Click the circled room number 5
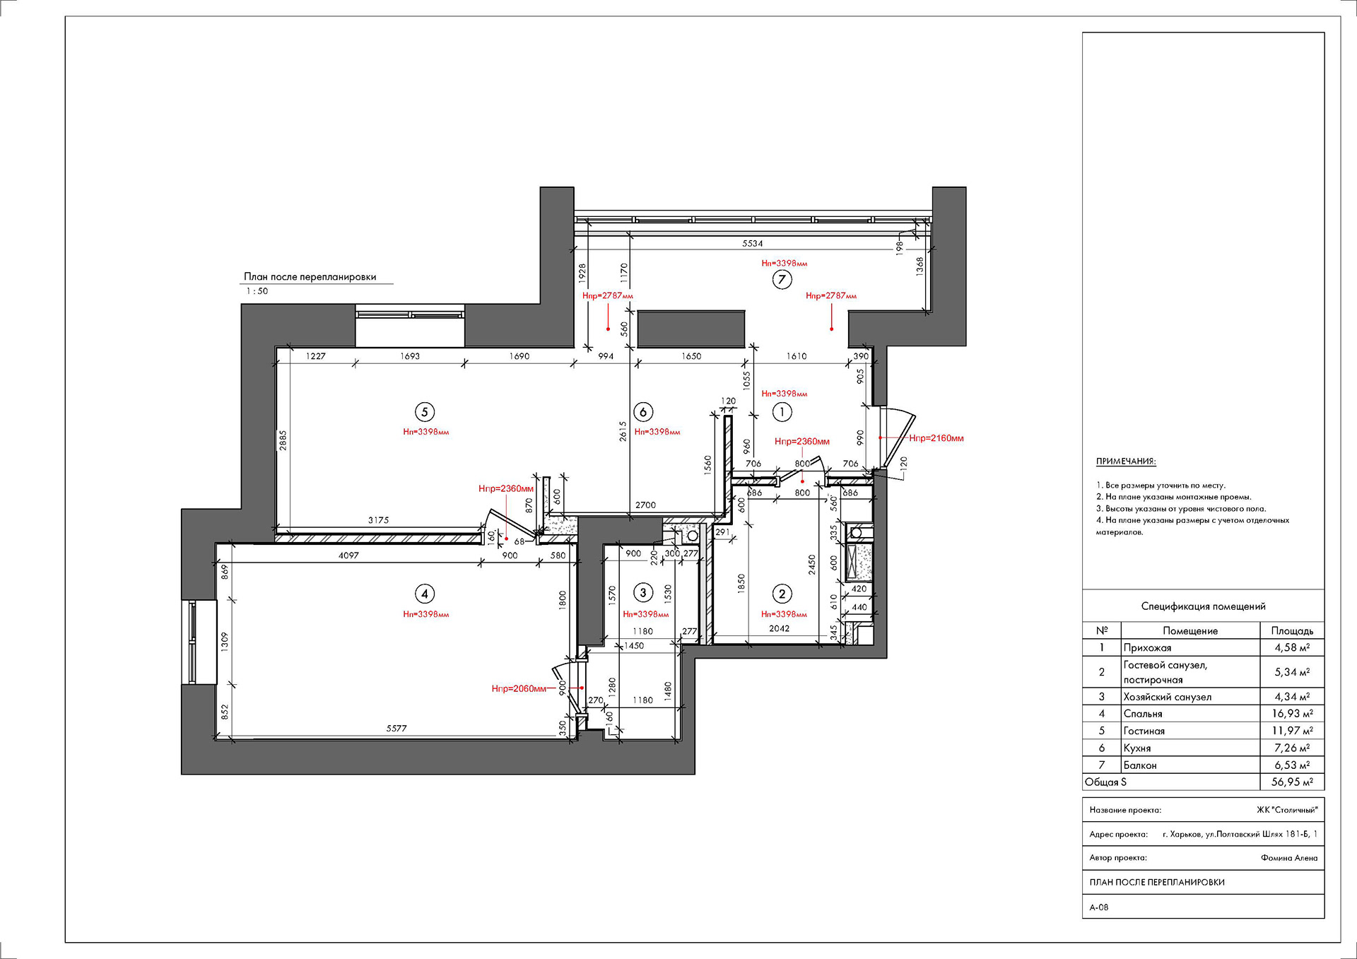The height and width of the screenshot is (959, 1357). pos(424,412)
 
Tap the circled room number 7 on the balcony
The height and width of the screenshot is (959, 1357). pos(782,279)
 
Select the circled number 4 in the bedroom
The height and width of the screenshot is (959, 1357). pos(424,594)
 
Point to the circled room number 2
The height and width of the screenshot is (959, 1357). pos(782,594)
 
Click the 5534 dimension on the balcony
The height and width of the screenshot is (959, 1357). pos(753,243)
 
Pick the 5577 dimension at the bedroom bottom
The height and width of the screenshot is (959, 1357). pos(396,728)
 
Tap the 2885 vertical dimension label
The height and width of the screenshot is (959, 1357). pos(283,441)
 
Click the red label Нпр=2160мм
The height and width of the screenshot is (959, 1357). pos(936,438)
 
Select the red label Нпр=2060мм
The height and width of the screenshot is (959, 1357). pos(519,688)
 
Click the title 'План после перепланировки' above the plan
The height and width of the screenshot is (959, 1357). pos(310,277)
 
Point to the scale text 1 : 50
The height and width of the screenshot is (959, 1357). pos(257,291)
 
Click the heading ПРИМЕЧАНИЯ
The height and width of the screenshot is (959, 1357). pos(1126,461)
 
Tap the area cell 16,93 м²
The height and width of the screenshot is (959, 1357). pos(1292,714)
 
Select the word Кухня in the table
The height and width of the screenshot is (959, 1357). pos(1137,748)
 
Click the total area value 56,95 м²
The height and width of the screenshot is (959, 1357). pos(1292,782)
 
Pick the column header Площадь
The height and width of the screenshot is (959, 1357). pos(1292,630)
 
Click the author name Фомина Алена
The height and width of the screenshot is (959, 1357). pos(1289,858)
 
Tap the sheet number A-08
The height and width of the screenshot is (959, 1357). pos(1099,907)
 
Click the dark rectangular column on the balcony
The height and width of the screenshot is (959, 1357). pos(691,329)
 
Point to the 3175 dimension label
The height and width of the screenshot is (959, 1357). pos(378,520)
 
